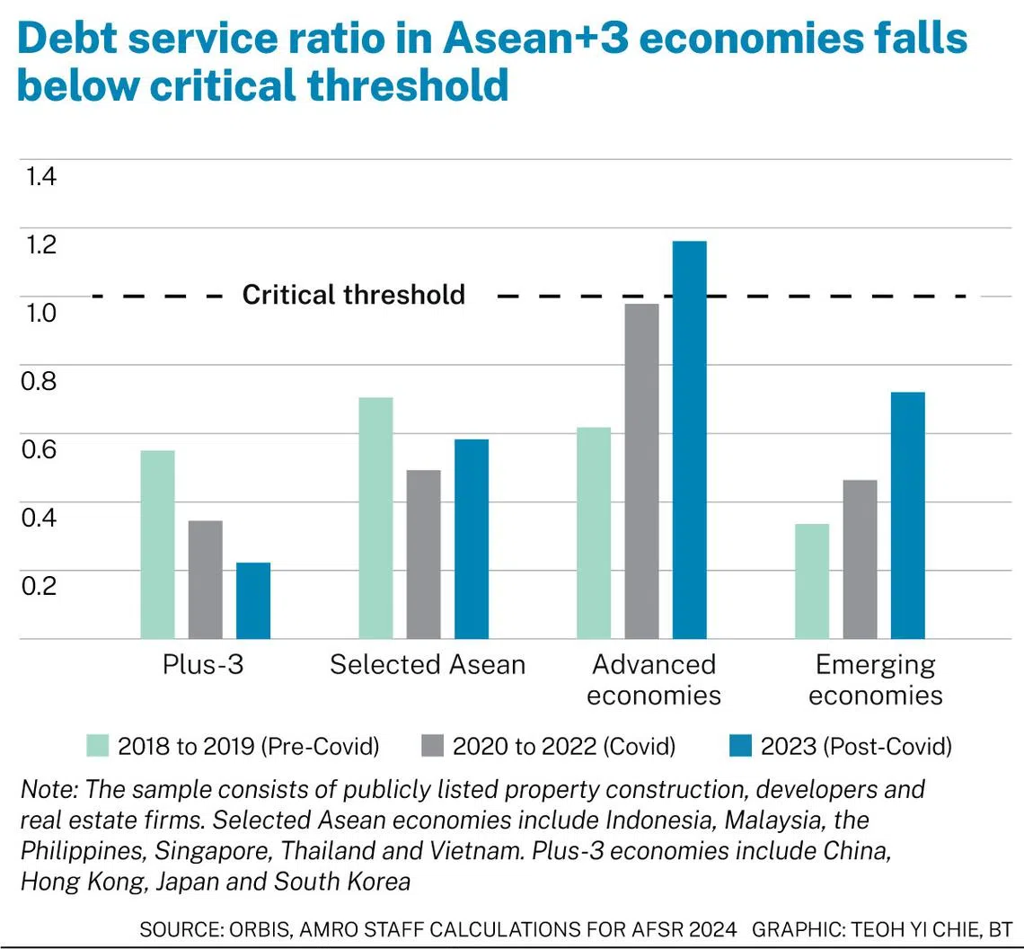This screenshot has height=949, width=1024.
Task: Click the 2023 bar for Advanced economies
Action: click(690, 439)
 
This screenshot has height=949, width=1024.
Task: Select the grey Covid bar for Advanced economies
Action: click(641, 471)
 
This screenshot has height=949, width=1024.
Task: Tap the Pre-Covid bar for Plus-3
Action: click(158, 544)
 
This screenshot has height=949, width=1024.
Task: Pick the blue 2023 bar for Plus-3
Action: click(253, 600)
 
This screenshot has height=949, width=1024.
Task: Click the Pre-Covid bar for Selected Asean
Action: click(375, 518)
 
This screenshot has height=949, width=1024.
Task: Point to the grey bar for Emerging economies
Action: click(860, 559)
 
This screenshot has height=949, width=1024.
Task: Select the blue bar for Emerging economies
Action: click(907, 515)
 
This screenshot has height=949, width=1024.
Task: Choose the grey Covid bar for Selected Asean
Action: click(423, 554)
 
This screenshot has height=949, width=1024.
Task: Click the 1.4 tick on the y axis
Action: click(41, 176)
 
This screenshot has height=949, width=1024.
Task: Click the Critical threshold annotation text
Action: click(354, 295)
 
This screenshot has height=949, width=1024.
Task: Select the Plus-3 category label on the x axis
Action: click(203, 665)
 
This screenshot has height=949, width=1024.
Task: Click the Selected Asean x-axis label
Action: click(428, 665)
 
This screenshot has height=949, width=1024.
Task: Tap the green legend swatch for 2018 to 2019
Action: click(98, 745)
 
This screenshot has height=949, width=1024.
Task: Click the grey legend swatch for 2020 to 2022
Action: click(432, 745)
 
